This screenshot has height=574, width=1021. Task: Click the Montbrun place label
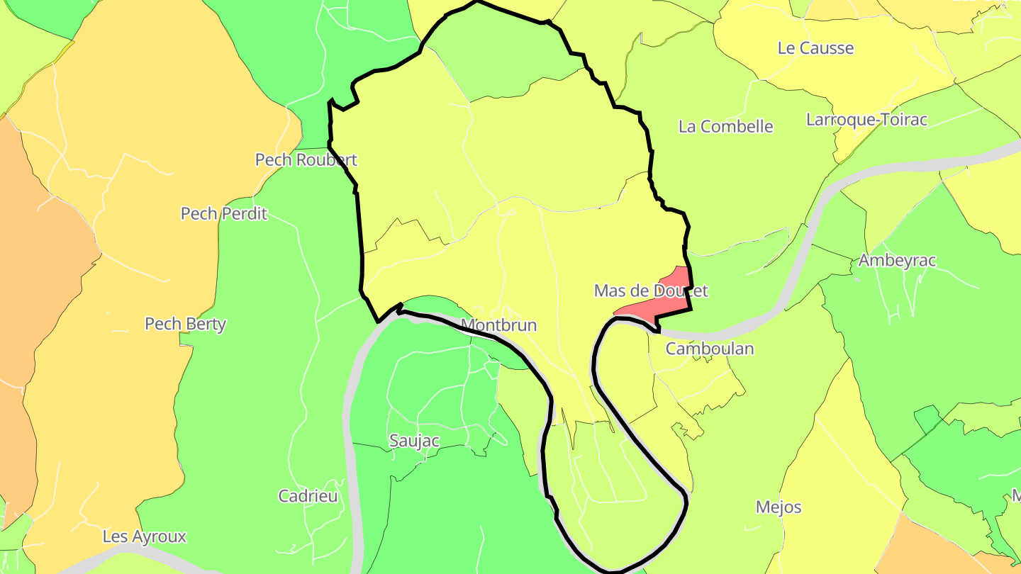pyautogui.click(x=498, y=325)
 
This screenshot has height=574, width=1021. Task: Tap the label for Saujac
pyautogui.click(x=414, y=441)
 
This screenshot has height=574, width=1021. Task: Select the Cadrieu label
pyautogui.click(x=308, y=496)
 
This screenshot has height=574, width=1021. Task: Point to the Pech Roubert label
pyautogui.click(x=306, y=159)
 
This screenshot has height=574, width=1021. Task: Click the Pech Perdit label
pyautogui.click(x=223, y=213)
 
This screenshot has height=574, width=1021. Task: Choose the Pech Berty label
pyautogui.click(x=185, y=324)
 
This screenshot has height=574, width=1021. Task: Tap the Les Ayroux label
pyautogui.click(x=144, y=536)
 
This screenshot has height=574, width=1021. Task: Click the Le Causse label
pyautogui.click(x=815, y=48)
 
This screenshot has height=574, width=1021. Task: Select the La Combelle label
pyautogui.click(x=725, y=127)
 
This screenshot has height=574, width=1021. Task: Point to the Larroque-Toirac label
pyautogui.click(x=866, y=120)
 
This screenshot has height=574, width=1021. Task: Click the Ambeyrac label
pyautogui.click(x=897, y=260)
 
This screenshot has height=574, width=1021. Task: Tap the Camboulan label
pyautogui.click(x=709, y=349)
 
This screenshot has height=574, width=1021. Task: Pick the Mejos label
pyautogui.click(x=778, y=507)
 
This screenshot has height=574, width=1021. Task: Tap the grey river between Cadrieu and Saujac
pyautogui.click(x=352, y=439)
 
